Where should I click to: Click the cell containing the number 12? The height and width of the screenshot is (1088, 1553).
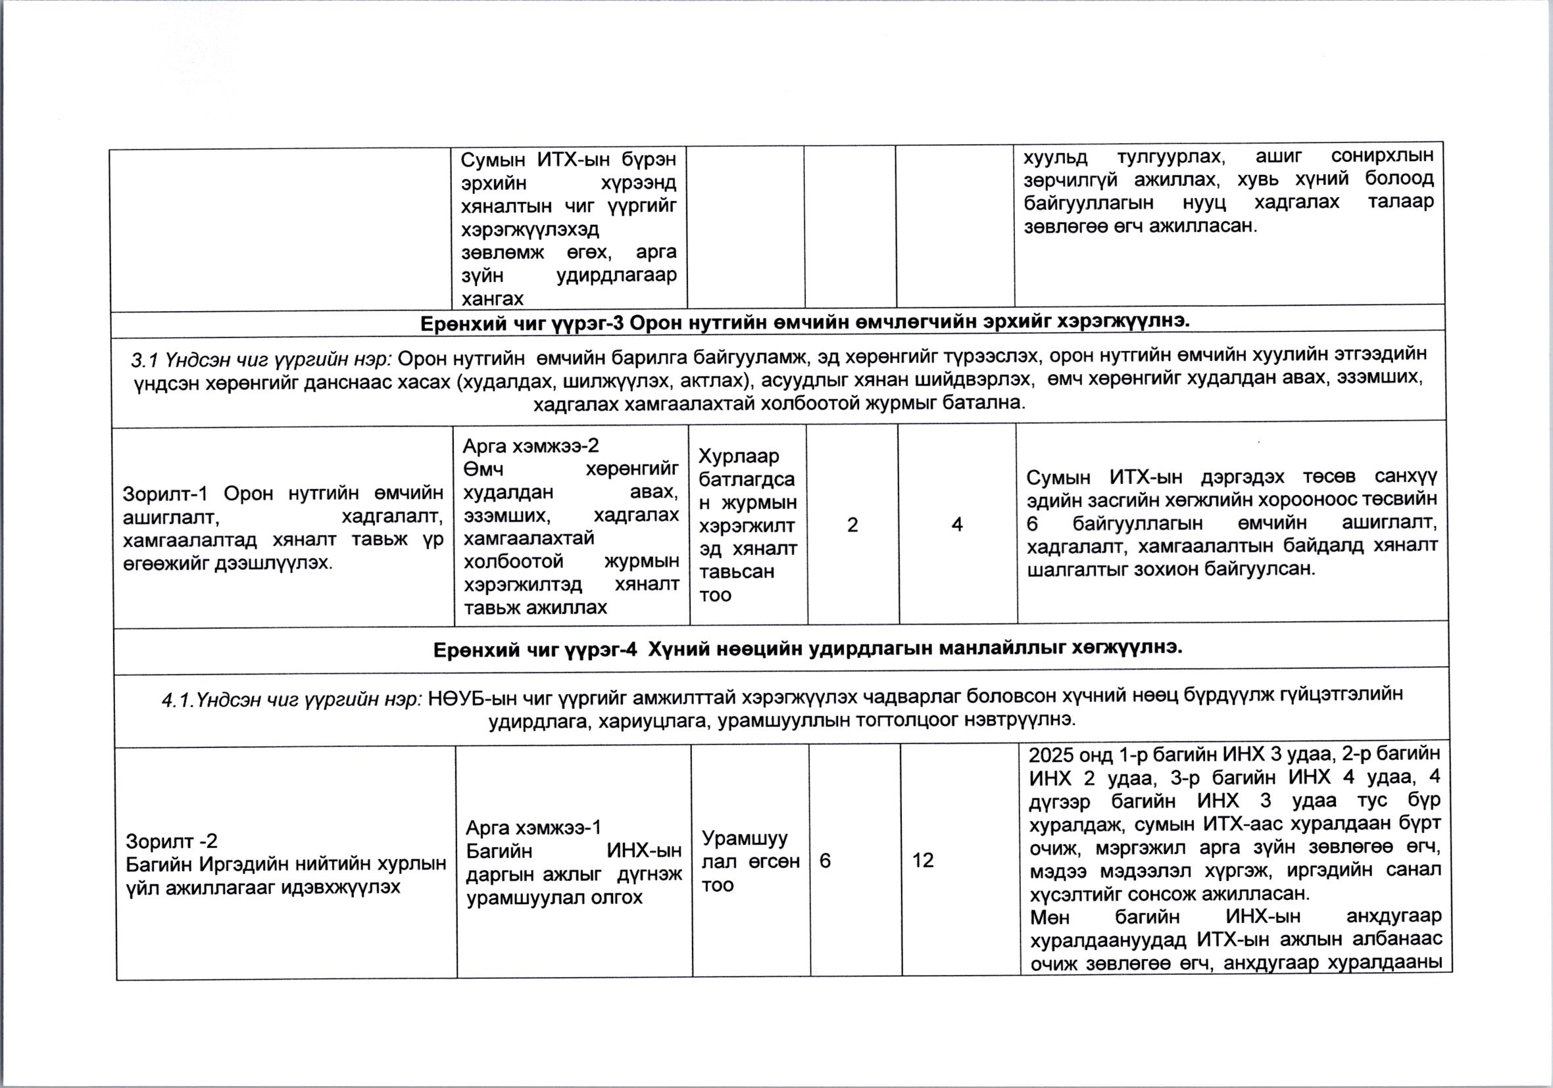coord(923,860)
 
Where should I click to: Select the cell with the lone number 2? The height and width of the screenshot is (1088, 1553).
coord(852,525)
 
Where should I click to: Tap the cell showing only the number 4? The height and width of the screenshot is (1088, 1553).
coord(956,524)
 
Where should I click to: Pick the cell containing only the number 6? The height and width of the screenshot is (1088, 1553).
coord(826,860)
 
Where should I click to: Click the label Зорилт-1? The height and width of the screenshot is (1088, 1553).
coord(164,494)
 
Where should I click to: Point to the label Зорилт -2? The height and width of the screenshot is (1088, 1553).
coord(172,841)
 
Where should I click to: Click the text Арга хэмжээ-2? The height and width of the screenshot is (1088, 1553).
coord(530,446)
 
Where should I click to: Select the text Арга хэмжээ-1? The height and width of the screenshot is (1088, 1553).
coord(533,828)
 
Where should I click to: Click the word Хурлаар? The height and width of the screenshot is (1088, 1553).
coord(739,456)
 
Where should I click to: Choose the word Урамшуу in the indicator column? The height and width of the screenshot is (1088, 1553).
coord(745,838)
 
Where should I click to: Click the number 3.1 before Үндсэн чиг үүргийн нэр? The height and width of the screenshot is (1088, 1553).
coord(143,360)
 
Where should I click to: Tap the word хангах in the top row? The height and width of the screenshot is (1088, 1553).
coord(493,298)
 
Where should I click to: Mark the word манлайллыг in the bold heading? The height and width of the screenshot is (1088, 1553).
coord(1004,648)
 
